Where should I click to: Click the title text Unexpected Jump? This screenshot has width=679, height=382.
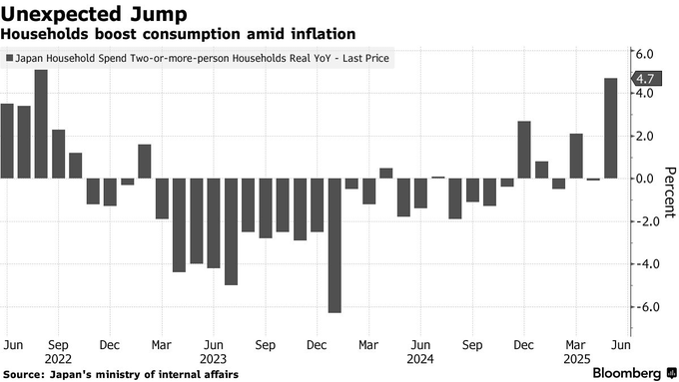(94, 14)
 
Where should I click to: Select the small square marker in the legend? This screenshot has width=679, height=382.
(10, 58)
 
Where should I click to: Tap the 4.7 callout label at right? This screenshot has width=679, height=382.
(647, 79)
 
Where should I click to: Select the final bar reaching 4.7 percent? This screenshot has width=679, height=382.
(610, 128)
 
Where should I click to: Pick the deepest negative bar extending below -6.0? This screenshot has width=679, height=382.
(335, 245)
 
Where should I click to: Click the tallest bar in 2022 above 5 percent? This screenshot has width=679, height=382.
(41, 124)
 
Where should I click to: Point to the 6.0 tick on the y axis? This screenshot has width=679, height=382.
(644, 54)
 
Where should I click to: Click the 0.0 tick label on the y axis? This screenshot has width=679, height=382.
(644, 179)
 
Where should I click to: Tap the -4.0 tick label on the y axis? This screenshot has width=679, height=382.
(643, 264)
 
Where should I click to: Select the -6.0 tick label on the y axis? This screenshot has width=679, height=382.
(643, 307)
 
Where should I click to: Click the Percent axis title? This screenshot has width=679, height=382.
(670, 192)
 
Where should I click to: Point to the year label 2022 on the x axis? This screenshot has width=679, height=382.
(58, 359)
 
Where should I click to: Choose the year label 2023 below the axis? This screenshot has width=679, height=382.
(213, 359)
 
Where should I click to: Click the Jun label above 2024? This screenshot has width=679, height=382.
(420, 345)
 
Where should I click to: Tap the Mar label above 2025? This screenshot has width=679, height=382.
(575, 345)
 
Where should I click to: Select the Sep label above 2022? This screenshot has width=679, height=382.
(58, 345)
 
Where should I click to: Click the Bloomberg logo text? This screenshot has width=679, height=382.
(627, 373)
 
